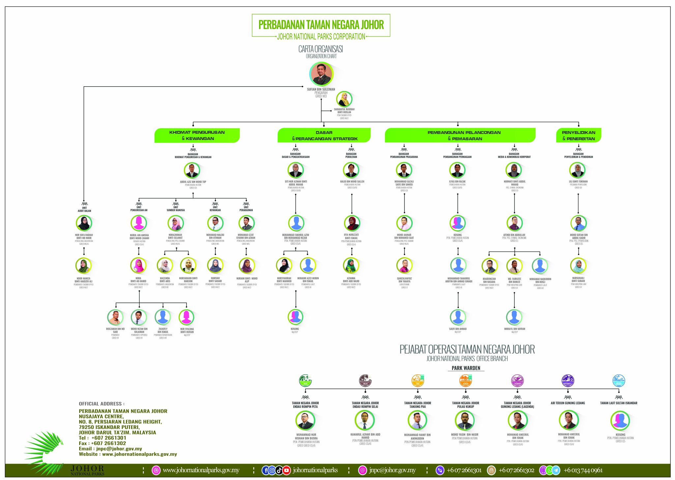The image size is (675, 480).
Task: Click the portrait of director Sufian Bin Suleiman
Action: point(321,74)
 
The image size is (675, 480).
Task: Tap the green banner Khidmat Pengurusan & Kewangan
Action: point(197,135)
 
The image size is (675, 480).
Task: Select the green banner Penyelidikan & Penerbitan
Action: point(578,135)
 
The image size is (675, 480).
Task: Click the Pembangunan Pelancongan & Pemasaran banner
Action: point(460,135)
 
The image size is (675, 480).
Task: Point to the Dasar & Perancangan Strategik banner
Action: point(324,135)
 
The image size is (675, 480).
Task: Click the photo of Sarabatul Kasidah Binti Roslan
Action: point(344,99)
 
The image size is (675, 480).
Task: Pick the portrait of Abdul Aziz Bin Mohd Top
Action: point(192,171)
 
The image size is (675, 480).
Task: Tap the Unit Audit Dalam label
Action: point(84,209)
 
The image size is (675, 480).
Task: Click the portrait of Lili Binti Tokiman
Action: point(577,170)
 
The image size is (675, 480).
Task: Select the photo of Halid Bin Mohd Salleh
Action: point(351,170)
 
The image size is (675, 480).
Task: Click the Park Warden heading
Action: point(466,368)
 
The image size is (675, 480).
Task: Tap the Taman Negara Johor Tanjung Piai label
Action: point(418,405)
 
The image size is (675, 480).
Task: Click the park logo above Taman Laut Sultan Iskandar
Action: point(619,381)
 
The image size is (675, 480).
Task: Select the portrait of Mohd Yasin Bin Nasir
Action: point(465,421)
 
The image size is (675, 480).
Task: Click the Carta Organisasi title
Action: point(321,49)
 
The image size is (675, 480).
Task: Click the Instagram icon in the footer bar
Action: point(272,470)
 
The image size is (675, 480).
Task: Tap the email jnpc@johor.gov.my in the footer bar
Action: point(392,470)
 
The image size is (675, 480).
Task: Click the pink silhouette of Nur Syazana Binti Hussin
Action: point(187,317)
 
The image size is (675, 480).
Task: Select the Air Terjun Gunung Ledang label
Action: point(568,403)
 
